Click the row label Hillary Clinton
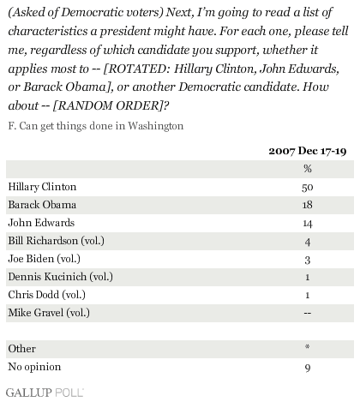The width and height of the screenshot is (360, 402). [x=42, y=187]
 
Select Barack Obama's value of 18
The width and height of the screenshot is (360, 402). [x=308, y=205]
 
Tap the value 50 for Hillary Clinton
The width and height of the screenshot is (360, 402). [x=308, y=188]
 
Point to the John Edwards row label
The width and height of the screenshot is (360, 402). [x=41, y=223]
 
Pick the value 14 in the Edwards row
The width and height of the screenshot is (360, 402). [x=308, y=224]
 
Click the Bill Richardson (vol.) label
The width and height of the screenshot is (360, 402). [x=57, y=241]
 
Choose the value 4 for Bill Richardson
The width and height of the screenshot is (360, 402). [x=308, y=242]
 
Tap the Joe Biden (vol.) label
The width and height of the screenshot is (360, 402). [x=45, y=259]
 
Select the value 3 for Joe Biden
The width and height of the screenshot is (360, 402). [x=308, y=261]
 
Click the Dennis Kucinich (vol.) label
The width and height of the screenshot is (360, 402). [x=61, y=277]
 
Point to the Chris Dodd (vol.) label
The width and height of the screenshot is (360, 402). [x=47, y=295]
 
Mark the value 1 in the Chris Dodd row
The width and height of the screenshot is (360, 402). [x=308, y=295]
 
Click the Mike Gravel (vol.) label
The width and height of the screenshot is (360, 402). [x=49, y=313]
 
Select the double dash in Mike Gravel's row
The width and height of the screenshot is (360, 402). [x=308, y=313]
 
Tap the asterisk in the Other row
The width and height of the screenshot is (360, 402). [x=308, y=347]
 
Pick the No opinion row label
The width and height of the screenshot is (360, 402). [x=34, y=367]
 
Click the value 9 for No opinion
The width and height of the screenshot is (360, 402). [x=308, y=369]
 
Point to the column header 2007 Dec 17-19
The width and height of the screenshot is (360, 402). [x=308, y=151]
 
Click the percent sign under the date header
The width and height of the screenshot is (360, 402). [x=308, y=169]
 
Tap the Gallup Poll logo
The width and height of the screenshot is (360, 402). [x=45, y=393]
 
